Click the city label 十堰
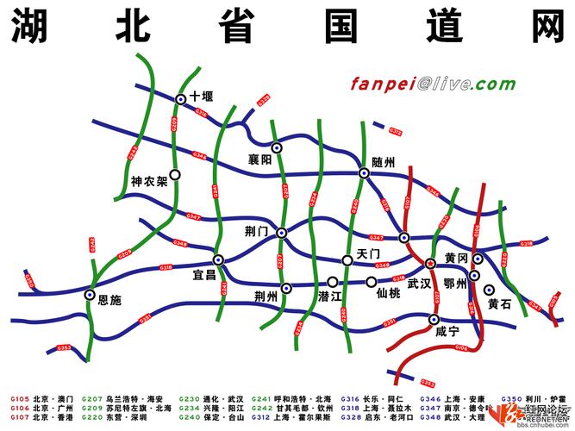[x=202, y=97]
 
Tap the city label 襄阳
[x=259, y=159]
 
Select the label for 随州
[x=383, y=162]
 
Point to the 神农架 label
[x=148, y=183]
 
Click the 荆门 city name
[x=257, y=232]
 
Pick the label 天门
[x=368, y=255]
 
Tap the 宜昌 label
[x=205, y=276]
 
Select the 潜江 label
[x=331, y=297]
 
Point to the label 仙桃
[x=389, y=293]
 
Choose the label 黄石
[x=499, y=303]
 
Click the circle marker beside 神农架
[x=175, y=174]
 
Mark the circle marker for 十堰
[x=181, y=100]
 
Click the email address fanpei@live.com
[x=433, y=84]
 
